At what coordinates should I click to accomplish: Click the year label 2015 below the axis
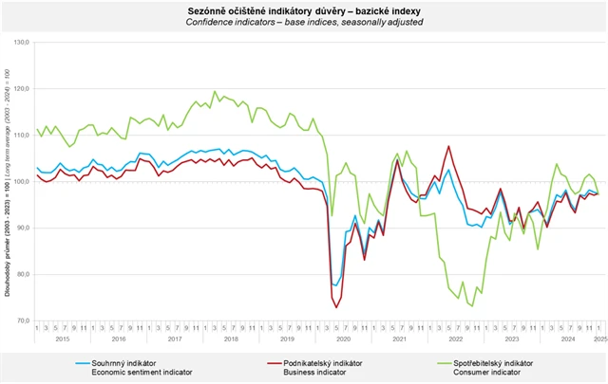[63, 338]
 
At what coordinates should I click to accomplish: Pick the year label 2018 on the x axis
[231, 338]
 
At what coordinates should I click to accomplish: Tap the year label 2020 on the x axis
[343, 338]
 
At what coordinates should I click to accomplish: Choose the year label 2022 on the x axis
[455, 338]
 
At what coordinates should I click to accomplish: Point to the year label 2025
[600, 338]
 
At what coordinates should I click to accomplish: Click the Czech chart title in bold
[304, 8]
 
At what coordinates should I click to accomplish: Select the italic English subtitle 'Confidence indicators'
[304, 20]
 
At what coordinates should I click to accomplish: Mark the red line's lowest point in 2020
[336, 307]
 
